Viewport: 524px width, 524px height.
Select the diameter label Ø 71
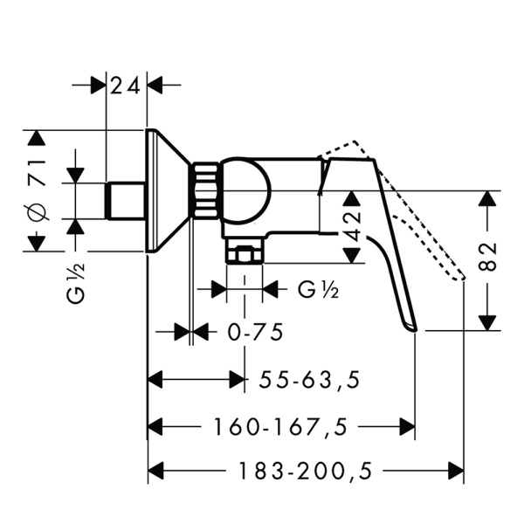click(x=37, y=190)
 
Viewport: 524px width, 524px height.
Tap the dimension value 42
click(x=353, y=225)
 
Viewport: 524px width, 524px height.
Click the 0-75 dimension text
click(x=255, y=332)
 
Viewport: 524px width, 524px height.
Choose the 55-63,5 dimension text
click(x=310, y=380)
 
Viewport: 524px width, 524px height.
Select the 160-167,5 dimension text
click(x=280, y=427)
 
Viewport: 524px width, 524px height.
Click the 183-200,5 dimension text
click(x=306, y=471)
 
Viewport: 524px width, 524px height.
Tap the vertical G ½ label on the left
click(x=76, y=282)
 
